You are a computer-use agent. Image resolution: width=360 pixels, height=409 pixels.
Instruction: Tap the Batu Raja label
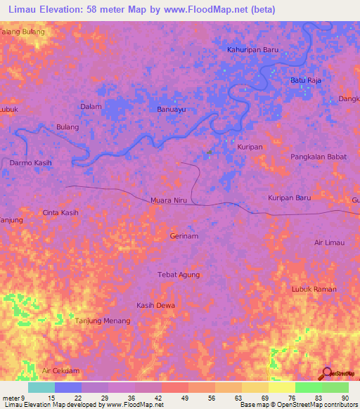point(306,81)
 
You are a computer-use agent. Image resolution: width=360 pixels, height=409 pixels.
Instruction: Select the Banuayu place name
point(171,110)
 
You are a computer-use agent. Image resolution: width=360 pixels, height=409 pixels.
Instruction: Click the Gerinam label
point(184,236)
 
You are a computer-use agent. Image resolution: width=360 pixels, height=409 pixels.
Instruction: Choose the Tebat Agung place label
point(179,275)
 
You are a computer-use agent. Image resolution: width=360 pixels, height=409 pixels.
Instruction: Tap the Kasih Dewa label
point(156,306)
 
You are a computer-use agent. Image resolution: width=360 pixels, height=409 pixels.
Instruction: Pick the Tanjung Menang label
point(103,321)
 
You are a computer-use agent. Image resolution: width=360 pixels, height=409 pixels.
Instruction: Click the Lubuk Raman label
point(314,289)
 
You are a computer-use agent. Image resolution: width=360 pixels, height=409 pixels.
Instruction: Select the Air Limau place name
point(329,242)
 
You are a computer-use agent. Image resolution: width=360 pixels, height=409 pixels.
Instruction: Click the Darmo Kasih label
point(31,162)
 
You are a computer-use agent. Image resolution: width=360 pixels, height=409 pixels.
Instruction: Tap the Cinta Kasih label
point(60,212)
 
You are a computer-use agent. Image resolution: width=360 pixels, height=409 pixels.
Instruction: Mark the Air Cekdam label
point(61,370)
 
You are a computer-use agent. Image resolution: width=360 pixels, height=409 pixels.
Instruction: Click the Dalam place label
point(91,107)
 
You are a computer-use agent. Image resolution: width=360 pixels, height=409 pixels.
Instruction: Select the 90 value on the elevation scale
point(345,398)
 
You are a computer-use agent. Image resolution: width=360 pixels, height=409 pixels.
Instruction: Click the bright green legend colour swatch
point(308,387)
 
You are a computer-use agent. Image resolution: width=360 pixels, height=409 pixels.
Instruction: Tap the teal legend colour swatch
point(41,387)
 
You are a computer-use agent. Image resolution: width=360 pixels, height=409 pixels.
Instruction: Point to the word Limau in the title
point(25,9)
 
